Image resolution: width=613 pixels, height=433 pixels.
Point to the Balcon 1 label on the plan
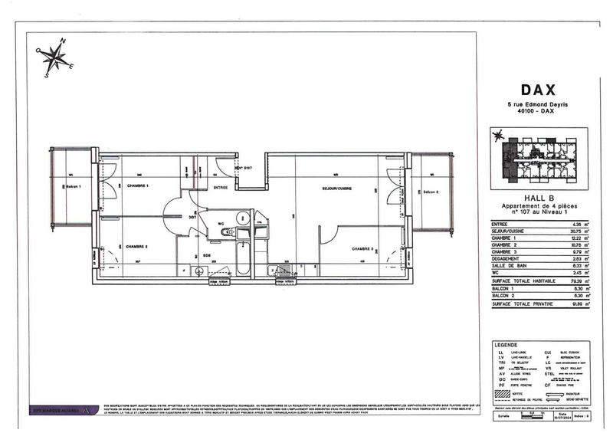(x=74, y=187)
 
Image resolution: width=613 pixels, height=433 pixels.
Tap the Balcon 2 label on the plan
(x=431, y=192)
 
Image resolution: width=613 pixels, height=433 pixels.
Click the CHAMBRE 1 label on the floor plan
(x=138, y=186)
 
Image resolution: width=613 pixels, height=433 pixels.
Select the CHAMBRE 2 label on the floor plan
(x=137, y=246)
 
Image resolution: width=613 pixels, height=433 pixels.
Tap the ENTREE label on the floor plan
(x=221, y=187)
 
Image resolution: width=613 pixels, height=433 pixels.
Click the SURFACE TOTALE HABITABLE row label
(x=522, y=280)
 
